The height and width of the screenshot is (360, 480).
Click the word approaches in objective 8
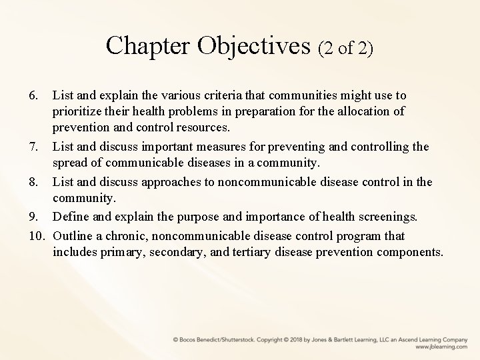(177, 182)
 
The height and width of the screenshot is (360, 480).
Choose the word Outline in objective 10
(75, 236)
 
